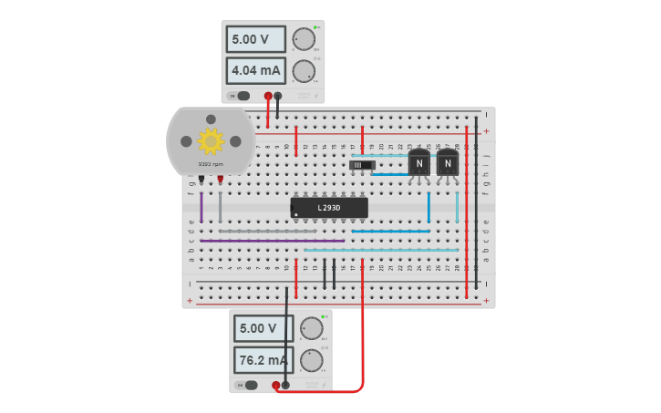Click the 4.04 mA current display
pos(256,70)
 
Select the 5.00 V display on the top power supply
pos(256,39)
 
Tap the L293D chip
pos(329,208)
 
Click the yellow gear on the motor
pos(211,140)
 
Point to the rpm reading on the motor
pos(211,164)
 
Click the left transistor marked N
pos(418,163)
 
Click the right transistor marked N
pos(447,163)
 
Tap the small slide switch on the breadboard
pos(363,165)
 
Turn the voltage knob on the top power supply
pos(304,38)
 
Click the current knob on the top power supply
pos(304,70)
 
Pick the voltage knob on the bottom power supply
pos(312,328)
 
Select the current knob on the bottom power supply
pos(312,360)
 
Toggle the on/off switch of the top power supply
pos(240,96)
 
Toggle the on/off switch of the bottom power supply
pos(247,385)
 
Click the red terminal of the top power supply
pos(268,96)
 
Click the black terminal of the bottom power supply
pos(285,385)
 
